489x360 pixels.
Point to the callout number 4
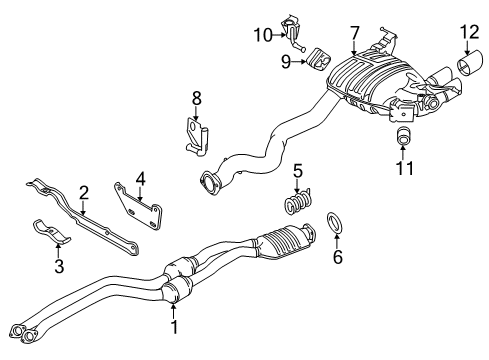pyautogui.click(x=141, y=180)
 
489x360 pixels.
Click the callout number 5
pyautogui.click(x=296, y=170)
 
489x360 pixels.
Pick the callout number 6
pyautogui.click(x=336, y=256)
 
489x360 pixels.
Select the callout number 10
pyautogui.click(x=261, y=36)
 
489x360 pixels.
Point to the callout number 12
pyautogui.click(x=463, y=33)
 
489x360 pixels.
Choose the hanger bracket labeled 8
pyautogui.click(x=196, y=134)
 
